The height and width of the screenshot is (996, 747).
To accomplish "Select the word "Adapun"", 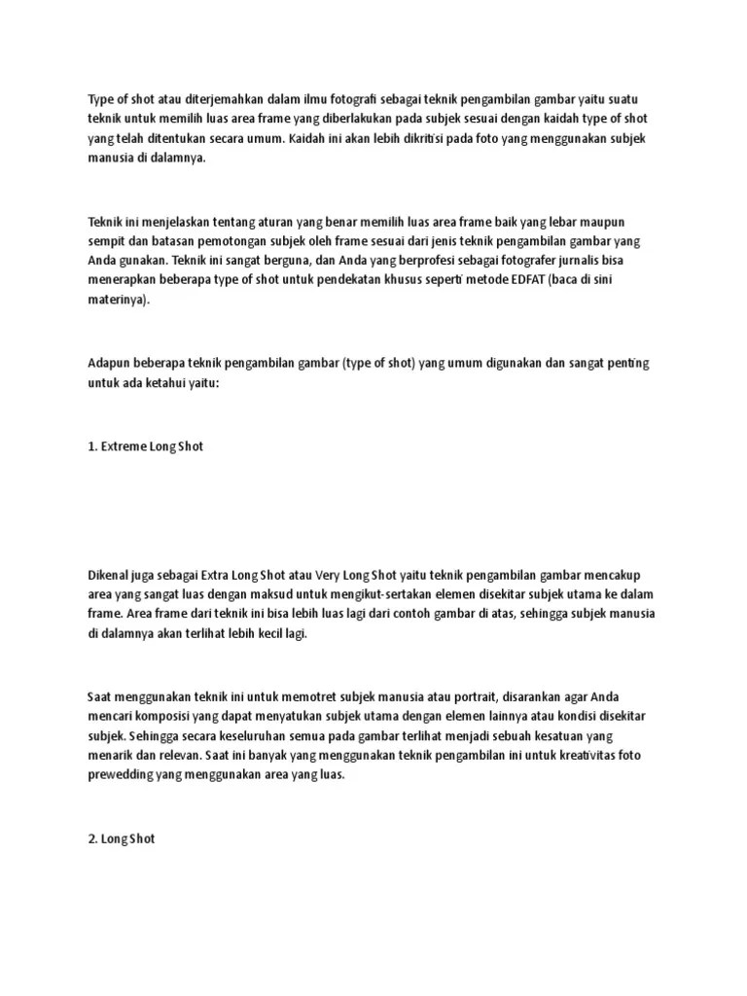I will [108, 364].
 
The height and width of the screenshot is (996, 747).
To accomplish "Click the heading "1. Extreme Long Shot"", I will [146, 447].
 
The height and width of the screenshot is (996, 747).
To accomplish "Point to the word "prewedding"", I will [122, 775].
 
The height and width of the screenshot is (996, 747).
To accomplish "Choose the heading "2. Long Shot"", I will [121, 838].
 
